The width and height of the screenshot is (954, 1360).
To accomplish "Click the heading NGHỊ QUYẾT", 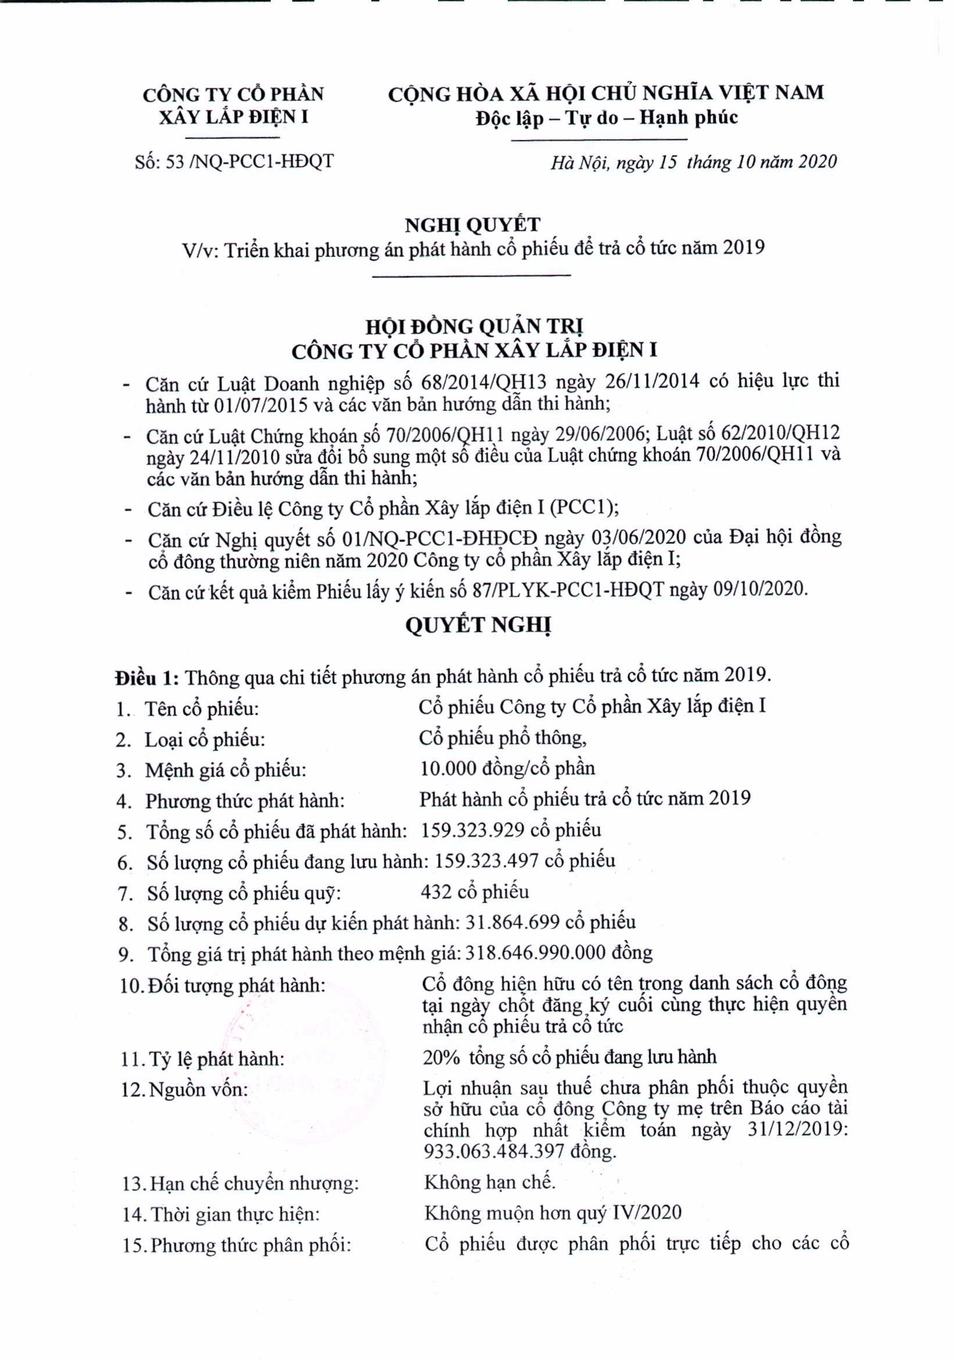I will point(473,225).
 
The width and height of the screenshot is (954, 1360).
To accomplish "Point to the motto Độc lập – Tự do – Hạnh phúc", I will point(606,118).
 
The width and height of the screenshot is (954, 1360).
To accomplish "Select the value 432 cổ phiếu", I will point(475,891).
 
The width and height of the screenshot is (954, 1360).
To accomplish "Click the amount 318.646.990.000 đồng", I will point(558,953).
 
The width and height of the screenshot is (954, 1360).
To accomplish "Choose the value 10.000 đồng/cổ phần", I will point(508,769).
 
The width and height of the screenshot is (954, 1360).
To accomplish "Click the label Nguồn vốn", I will point(198,1089).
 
